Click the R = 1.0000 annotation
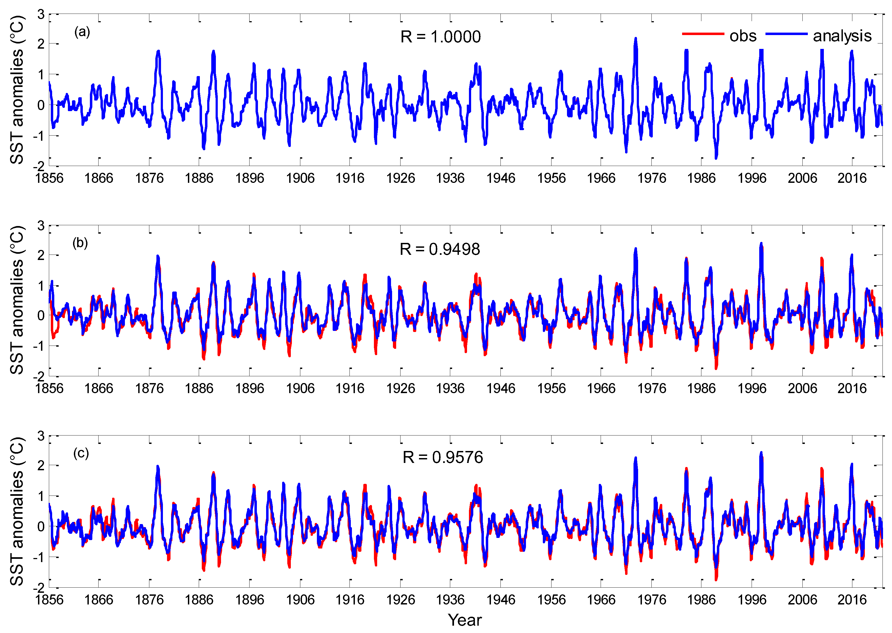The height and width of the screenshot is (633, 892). [440, 37]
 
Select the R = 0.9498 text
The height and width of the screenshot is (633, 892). [440, 249]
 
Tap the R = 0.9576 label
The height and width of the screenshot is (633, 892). [443, 457]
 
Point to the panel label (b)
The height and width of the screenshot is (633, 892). [80, 243]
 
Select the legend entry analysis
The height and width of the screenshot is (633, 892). [842, 36]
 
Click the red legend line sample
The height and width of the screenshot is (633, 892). [703, 34]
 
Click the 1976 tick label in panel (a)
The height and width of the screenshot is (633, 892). [652, 178]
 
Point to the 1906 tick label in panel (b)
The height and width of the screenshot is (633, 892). [300, 388]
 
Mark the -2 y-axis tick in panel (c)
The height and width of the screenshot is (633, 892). [39, 588]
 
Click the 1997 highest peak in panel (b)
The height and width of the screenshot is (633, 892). [761, 244]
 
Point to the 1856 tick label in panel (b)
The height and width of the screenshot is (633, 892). [49, 388]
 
